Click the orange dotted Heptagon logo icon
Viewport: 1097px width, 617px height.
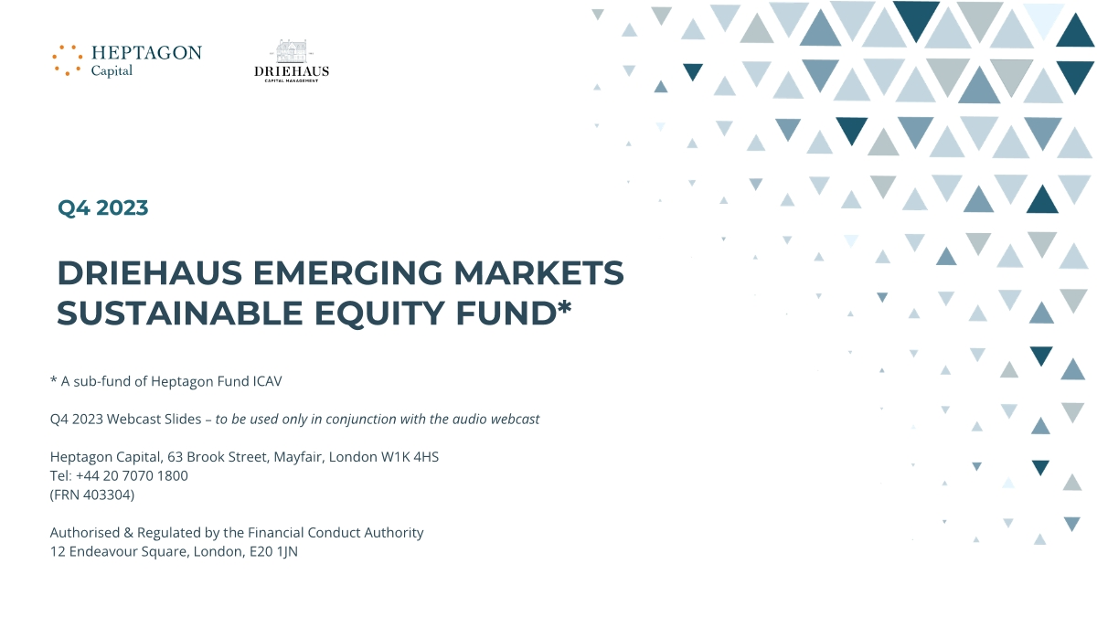click(67, 60)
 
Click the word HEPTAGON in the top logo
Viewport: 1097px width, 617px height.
click(146, 53)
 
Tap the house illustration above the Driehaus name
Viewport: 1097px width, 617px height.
click(292, 51)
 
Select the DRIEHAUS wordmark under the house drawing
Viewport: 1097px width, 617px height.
click(292, 71)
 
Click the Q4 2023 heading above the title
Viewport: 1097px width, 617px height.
click(102, 207)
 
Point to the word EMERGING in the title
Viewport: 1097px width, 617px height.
click(347, 272)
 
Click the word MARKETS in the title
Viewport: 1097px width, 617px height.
click(538, 272)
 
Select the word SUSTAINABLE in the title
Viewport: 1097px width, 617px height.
click(180, 314)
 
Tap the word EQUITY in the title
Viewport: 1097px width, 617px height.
click(379, 314)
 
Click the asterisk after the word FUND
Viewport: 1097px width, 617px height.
click(565, 306)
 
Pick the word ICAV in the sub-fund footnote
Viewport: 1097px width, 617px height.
click(267, 381)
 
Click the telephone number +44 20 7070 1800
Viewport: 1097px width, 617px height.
click(132, 476)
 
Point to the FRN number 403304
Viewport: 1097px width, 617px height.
click(107, 495)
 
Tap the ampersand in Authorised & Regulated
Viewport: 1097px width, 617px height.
click(129, 533)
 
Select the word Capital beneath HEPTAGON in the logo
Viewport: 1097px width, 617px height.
click(112, 71)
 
